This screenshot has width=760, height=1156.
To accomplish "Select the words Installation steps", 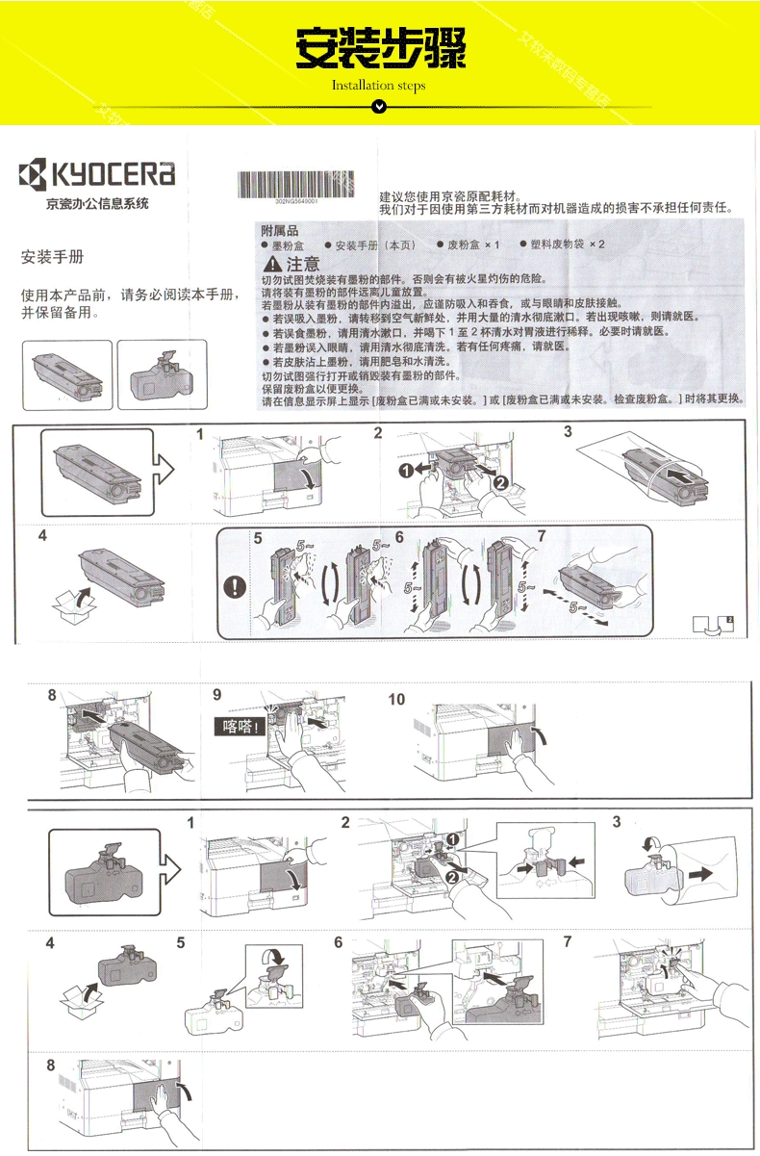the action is [x=379, y=86].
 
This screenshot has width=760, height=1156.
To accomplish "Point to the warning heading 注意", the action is [x=293, y=265].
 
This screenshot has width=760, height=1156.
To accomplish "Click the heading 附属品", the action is [x=280, y=231].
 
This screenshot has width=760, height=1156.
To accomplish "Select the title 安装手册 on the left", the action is [x=53, y=258].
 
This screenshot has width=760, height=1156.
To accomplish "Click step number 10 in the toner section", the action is [x=396, y=700].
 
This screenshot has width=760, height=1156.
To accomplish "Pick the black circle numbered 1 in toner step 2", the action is [x=407, y=470].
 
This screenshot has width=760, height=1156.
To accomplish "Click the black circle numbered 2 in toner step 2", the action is [x=500, y=482].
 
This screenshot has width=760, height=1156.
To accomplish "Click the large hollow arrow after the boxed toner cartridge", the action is [x=165, y=471].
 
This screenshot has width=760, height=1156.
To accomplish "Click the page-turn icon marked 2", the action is [x=713, y=624].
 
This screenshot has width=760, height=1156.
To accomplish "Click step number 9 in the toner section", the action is [x=217, y=694].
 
